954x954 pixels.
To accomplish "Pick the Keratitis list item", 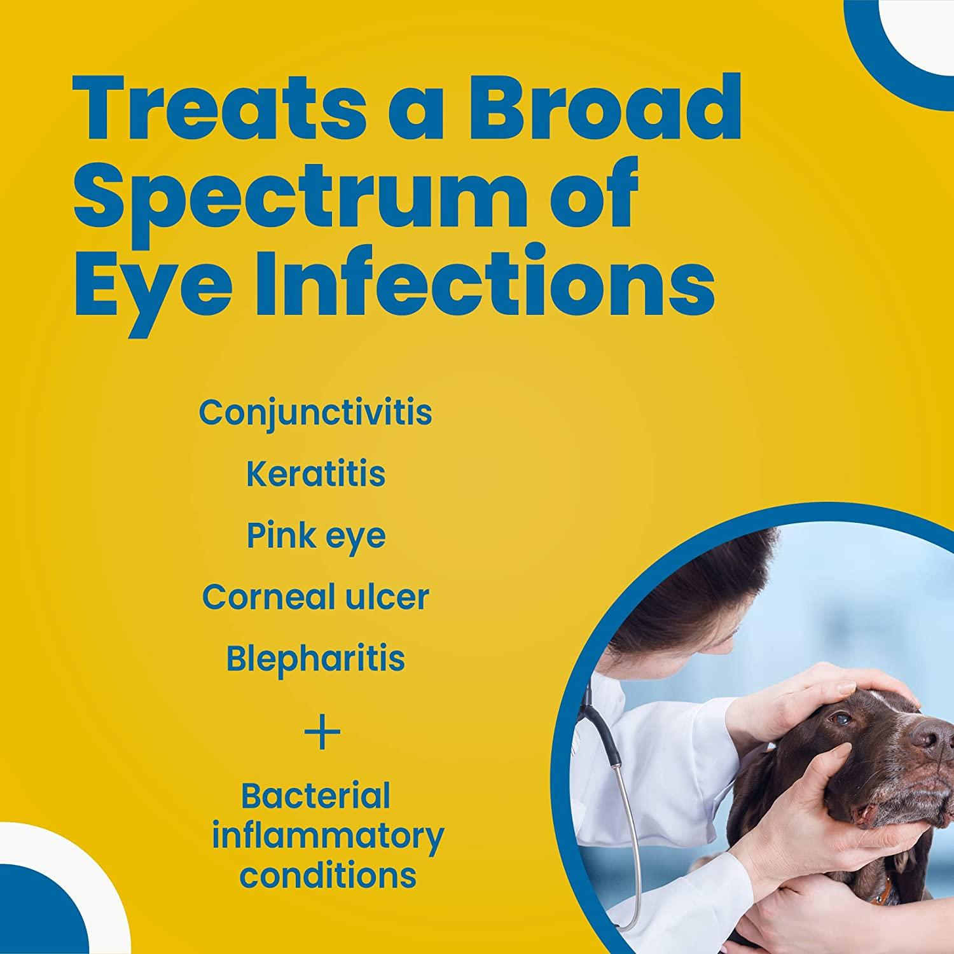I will click(315, 474).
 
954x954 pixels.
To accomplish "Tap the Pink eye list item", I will click(315, 536).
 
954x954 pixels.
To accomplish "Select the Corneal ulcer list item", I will click(315, 597).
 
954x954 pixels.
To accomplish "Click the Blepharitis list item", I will click(315, 659).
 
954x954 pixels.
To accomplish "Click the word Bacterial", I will click(315, 796).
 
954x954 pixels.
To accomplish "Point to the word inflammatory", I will click(328, 836).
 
